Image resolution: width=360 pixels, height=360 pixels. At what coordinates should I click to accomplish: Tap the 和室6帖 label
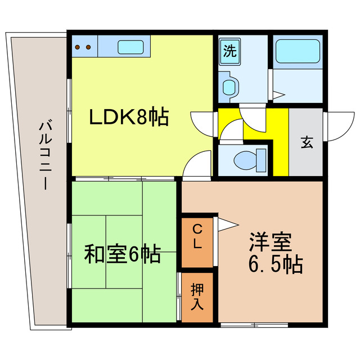tap(123, 254)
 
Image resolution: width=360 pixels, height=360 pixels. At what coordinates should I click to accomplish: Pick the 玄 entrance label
tap(307, 142)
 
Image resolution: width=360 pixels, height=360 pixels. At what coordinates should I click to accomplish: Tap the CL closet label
tap(197, 236)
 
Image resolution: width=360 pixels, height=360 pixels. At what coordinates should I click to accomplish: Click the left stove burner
tap(79, 48)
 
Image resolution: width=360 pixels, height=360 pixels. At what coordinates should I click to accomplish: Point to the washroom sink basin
tap(229, 86)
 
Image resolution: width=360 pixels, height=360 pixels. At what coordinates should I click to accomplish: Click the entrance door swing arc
tap(335, 127)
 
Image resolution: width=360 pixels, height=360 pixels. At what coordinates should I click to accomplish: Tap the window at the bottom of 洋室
tap(254, 325)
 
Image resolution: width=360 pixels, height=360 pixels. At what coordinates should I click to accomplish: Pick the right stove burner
tap(88, 48)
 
